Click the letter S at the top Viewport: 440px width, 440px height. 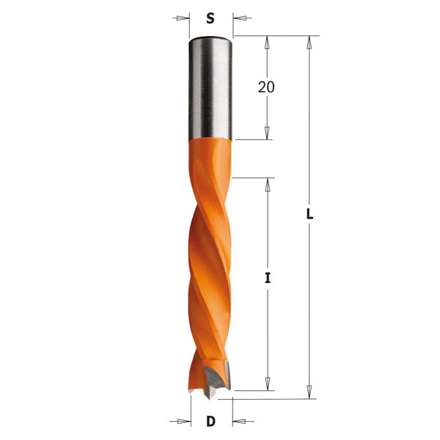coord(210,18)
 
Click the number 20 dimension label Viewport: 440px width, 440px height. coord(266,87)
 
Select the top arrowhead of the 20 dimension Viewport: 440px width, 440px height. coord(266,41)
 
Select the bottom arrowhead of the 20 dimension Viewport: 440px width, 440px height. coord(266,133)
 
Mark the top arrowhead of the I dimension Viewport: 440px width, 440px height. coord(268,183)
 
